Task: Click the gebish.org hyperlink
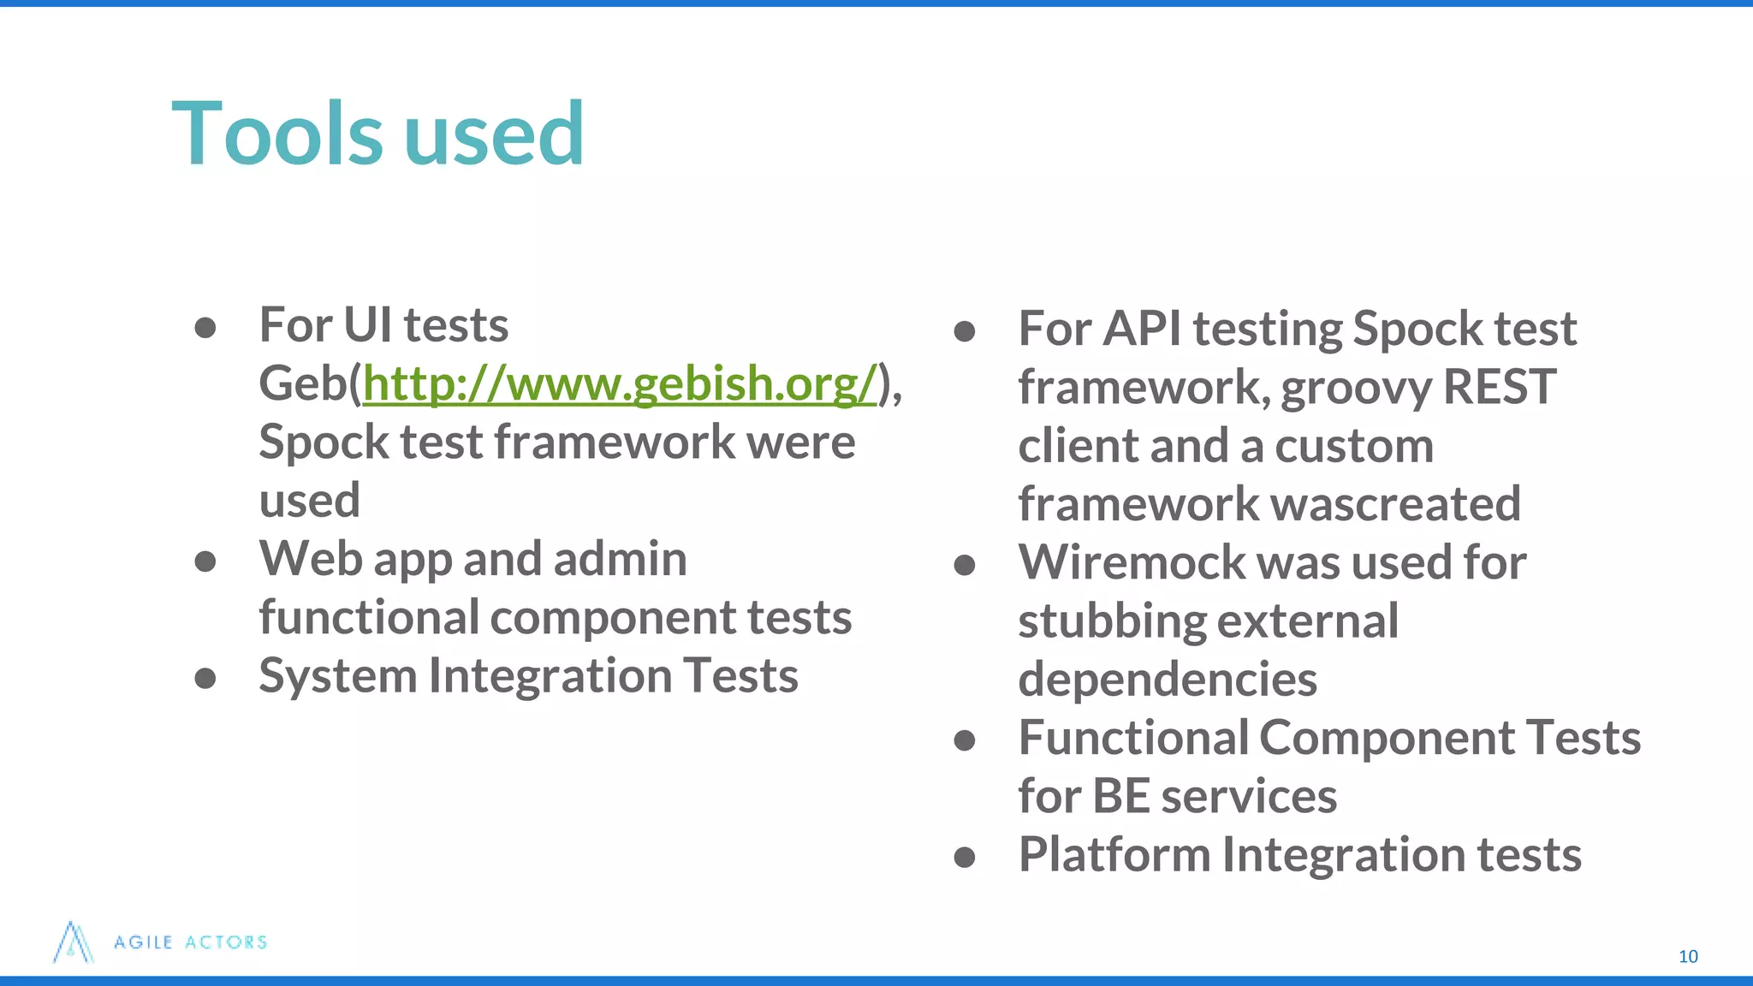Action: (x=620, y=383)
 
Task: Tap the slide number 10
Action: (x=1687, y=956)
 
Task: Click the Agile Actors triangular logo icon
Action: (x=73, y=942)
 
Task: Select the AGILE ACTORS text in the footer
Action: (x=191, y=942)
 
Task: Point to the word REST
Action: (x=1499, y=387)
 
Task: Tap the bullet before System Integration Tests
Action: (x=205, y=678)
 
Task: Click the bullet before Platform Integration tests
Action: (x=965, y=857)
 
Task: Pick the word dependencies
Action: (x=1167, y=680)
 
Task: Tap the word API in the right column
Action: (x=1142, y=329)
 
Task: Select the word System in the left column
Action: (x=337, y=676)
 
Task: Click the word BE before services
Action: (x=1120, y=796)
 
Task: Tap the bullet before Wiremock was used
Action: (x=965, y=565)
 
